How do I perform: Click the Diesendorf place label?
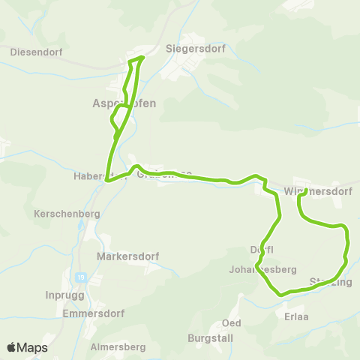[x=36, y=52]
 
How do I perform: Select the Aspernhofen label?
[x=124, y=103]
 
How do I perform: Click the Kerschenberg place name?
[x=67, y=214]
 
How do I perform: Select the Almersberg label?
[x=117, y=347]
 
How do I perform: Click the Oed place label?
[x=231, y=323]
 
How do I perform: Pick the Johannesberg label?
[x=263, y=269]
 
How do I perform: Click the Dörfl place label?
[x=262, y=250]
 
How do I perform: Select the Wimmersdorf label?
[x=318, y=191]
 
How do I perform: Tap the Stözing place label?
[x=330, y=282]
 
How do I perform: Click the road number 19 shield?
[x=80, y=277]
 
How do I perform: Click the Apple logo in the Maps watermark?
[x=12, y=347]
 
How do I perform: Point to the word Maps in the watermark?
[x=33, y=348]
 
